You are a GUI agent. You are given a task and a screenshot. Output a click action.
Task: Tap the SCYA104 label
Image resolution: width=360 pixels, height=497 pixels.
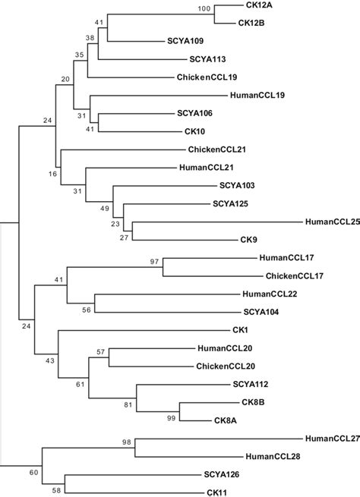tap(259, 311)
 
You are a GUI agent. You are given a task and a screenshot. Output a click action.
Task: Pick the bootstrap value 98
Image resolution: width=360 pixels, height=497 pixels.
tap(127, 442)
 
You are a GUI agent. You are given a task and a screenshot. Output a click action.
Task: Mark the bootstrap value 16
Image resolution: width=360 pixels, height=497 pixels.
tap(52, 175)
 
